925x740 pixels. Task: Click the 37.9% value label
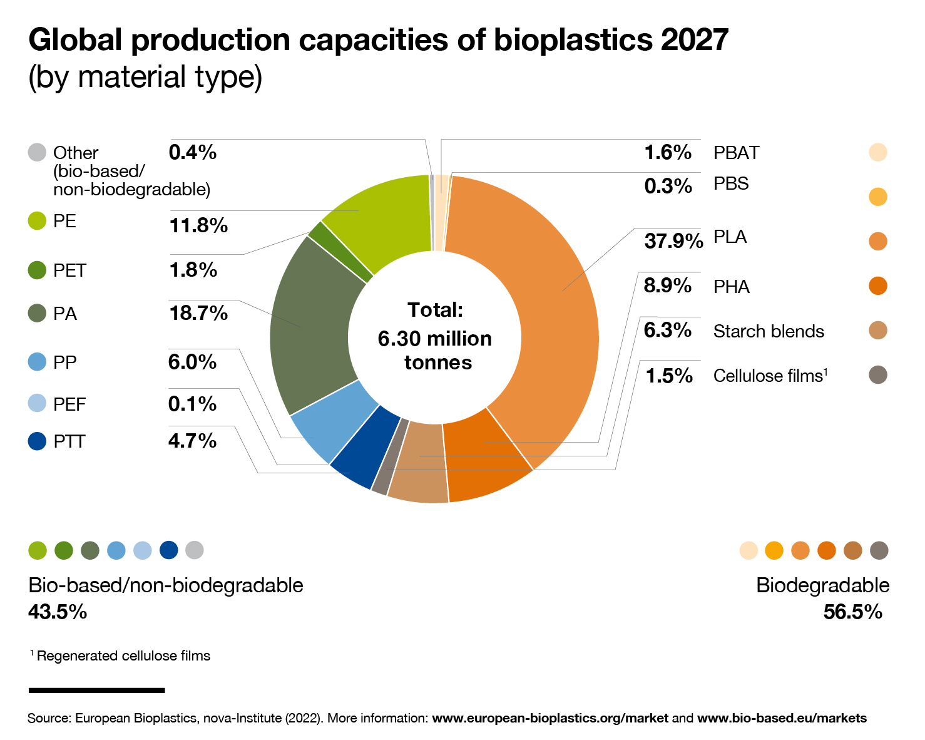[x=673, y=240]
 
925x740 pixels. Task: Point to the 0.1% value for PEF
[x=192, y=404]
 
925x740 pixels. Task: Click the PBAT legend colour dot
[x=878, y=152]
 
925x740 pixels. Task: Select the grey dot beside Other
[x=38, y=152]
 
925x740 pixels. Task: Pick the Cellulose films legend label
[x=770, y=376]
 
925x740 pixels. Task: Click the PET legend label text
[x=69, y=270]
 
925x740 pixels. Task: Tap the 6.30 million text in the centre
[x=434, y=339]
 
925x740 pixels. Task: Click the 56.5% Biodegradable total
[x=852, y=612]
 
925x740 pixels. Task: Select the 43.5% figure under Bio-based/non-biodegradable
[x=58, y=612]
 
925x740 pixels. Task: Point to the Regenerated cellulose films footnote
[x=123, y=656]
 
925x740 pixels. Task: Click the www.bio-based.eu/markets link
[x=782, y=718]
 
